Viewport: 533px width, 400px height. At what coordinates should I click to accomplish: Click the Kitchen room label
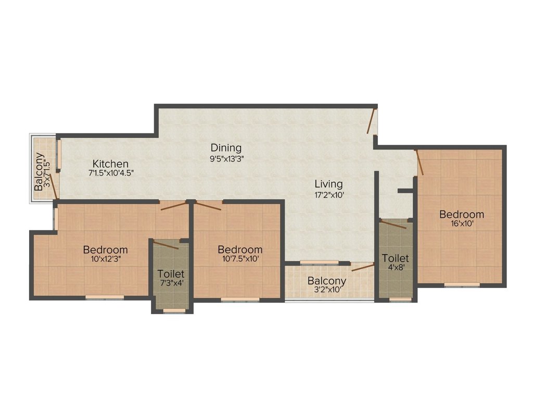coord(110,164)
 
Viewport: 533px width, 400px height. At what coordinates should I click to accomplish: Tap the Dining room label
coord(226,147)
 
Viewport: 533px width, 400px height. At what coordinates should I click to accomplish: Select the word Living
coord(328,184)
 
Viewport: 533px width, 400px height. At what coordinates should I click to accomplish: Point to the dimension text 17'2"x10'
coord(328,195)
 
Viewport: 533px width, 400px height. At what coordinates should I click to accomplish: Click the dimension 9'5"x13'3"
coord(226,159)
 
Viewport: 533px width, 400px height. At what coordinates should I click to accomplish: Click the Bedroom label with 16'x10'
coord(461,214)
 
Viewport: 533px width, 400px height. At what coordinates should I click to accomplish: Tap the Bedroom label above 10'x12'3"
coord(105,249)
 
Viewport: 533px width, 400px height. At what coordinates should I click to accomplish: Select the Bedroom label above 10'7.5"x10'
coord(239,249)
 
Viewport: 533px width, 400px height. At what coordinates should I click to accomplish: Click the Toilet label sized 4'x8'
coord(396,258)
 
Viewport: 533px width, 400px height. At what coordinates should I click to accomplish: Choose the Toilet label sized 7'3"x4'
coord(171,273)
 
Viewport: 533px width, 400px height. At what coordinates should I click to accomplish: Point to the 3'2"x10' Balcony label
coord(327,281)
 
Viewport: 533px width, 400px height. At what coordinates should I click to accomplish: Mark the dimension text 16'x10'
coord(461,224)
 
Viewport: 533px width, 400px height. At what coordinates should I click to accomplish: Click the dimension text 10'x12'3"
coord(105,259)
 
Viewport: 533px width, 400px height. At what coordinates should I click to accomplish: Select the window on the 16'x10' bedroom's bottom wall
coord(462,284)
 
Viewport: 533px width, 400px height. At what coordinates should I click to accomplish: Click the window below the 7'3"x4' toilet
coord(174,311)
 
